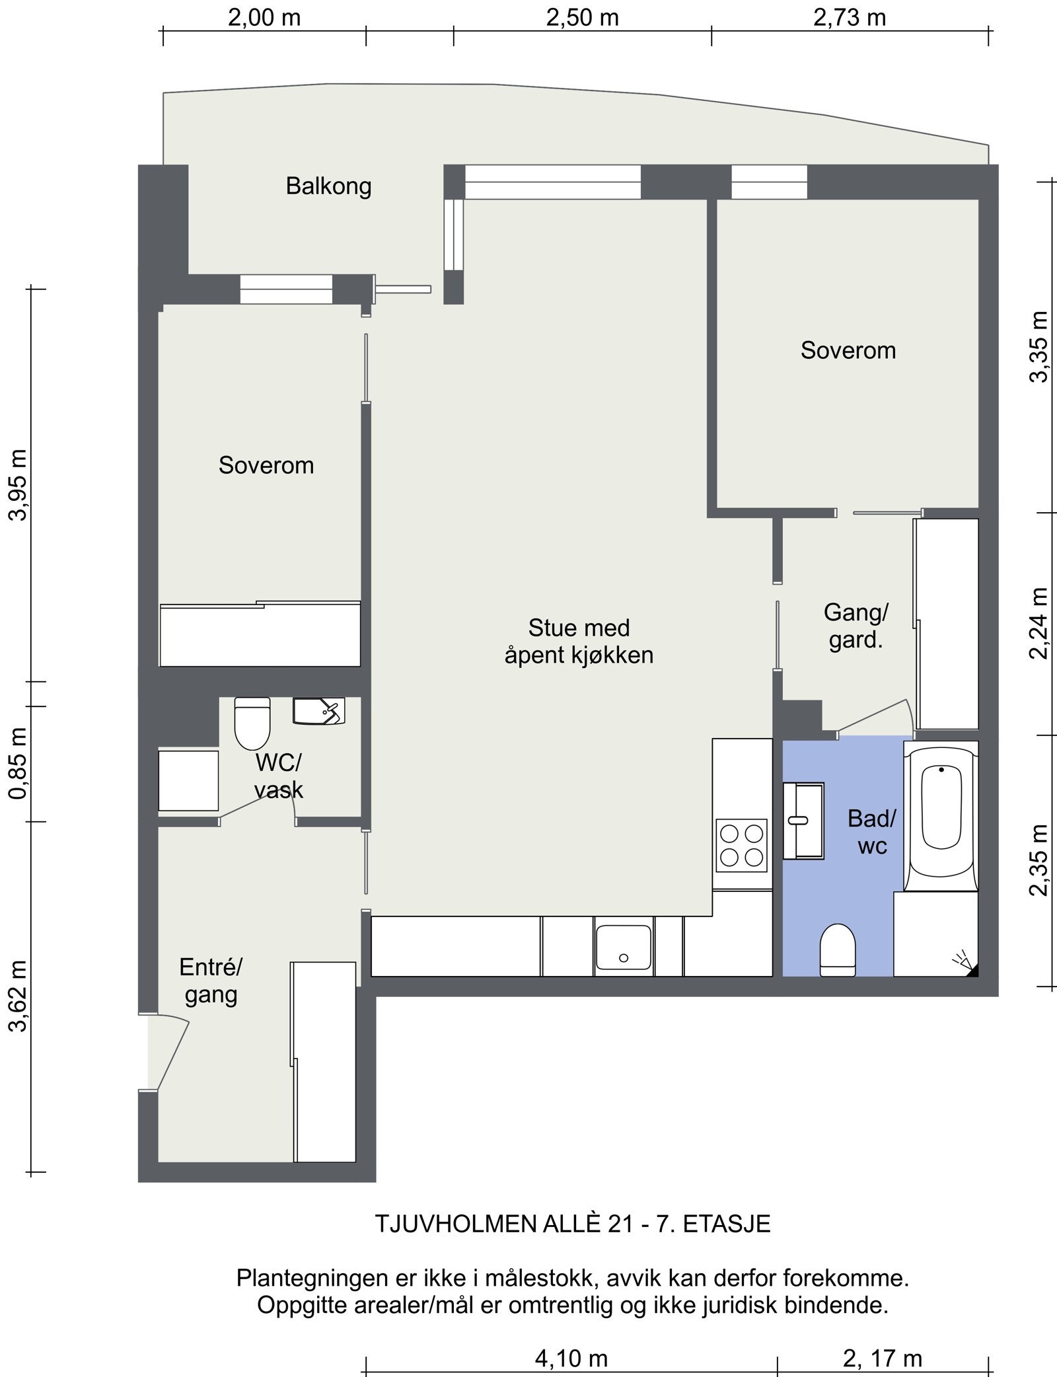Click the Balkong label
click(x=328, y=186)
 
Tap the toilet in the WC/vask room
click(x=252, y=724)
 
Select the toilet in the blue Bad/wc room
click(x=838, y=949)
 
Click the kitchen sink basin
click(x=624, y=949)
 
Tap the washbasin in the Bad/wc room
click(x=803, y=821)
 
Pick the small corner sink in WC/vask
click(x=319, y=712)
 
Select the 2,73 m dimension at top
click(x=850, y=17)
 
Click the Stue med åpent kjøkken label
click(x=579, y=641)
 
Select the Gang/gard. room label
click(x=856, y=626)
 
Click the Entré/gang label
click(x=211, y=981)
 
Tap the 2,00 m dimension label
click(x=264, y=17)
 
